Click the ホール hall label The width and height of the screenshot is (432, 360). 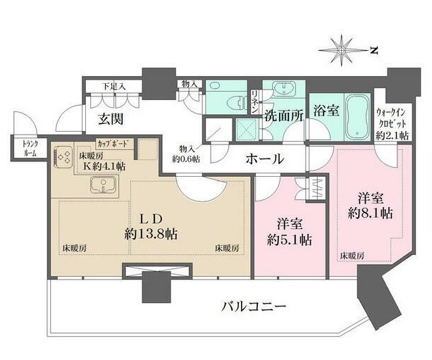coord(264,160)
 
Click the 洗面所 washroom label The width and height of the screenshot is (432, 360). coord(283,117)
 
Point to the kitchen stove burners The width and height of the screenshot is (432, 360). coord(63,158)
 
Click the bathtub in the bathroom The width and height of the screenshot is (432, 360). coord(353,114)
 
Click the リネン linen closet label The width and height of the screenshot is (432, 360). coord(254,103)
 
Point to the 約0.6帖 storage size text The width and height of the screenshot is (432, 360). coord(187,159)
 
